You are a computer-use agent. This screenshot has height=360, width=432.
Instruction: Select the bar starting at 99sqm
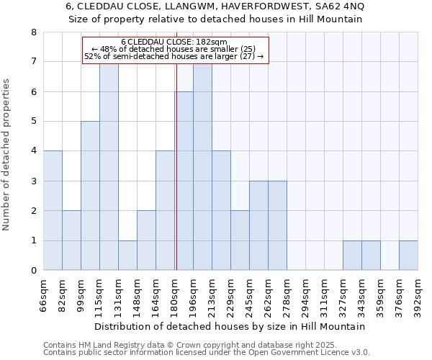[90, 196]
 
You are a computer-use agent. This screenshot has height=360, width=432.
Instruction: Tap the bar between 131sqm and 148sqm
[127, 256]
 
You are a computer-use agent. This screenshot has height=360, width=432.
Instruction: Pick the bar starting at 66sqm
[53, 210]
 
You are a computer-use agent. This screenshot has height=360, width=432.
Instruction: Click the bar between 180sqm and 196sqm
[184, 181]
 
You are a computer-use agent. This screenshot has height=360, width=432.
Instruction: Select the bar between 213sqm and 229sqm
[221, 210]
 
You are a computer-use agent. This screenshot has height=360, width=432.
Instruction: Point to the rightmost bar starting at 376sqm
[408, 256]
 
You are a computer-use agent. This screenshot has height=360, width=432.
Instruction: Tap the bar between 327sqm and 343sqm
[352, 256]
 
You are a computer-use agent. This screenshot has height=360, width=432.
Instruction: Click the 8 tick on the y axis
[33, 32]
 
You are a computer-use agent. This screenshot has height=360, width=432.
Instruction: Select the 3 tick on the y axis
[33, 181]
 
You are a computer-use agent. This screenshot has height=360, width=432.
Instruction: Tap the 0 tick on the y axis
[33, 271]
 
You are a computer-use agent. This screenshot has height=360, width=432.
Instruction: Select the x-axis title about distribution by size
[230, 326]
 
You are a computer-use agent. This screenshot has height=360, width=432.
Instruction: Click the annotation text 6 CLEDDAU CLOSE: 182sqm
[174, 42]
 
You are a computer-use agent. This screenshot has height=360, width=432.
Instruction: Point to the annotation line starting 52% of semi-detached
[174, 56]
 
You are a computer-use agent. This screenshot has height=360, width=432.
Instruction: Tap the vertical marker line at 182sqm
[176, 166]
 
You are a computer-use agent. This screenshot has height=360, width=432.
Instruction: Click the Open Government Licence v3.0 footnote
[207, 352]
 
